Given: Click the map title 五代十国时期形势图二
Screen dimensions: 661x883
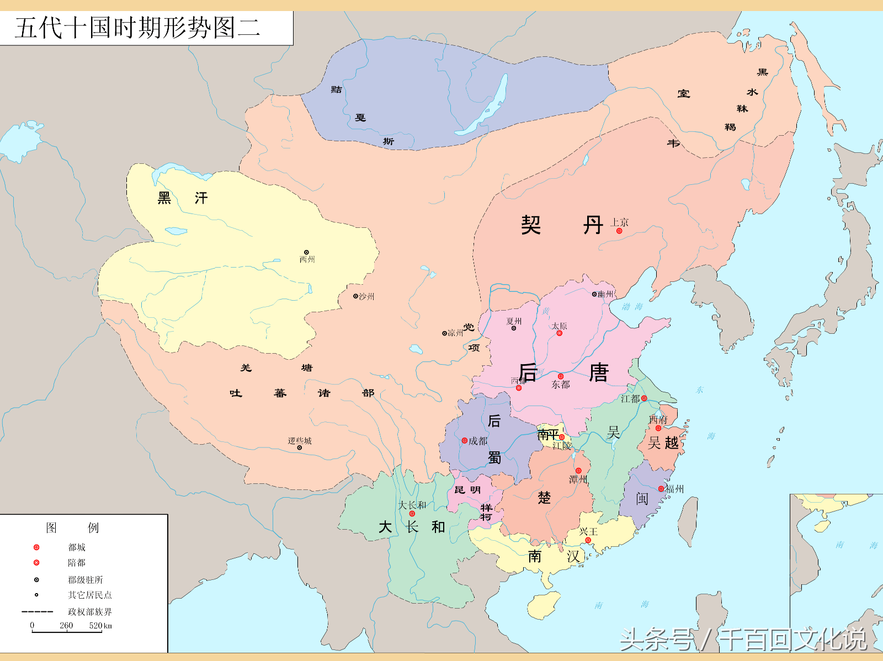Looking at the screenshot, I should [x=137, y=28].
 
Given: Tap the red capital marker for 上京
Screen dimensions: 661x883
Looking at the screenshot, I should [x=619, y=231].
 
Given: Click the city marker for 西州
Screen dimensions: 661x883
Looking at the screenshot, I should [x=307, y=252].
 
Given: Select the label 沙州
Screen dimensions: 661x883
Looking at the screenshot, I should [x=366, y=296].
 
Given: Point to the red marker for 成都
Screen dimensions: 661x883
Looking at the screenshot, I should [x=465, y=440].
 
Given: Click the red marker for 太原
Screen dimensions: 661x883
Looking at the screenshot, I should [x=559, y=333].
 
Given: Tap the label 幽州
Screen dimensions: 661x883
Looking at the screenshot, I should [x=606, y=294].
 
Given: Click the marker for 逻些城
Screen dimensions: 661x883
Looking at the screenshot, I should [x=300, y=447].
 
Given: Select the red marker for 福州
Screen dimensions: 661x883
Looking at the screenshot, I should [x=661, y=489].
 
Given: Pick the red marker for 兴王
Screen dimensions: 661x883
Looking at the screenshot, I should [x=588, y=540].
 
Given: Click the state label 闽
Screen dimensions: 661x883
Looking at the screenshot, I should [x=642, y=499].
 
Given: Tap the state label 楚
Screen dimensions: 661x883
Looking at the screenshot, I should [x=544, y=498].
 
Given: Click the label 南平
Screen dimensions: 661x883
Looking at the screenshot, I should [x=548, y=434].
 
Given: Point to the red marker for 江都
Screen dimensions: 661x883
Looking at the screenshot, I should [x=644, y=398].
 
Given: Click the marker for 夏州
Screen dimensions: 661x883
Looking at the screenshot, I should [x=514, y=328].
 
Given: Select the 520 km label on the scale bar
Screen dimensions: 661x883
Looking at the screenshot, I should [x=100, y=625].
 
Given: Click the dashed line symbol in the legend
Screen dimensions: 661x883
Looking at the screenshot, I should [x=37, y=611].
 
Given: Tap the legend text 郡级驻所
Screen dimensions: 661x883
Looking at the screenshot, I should [x=85, y=579].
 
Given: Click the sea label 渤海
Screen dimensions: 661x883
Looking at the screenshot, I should [x=632, y=307].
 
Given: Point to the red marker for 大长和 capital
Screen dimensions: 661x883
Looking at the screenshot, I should [x=412, y=514].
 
